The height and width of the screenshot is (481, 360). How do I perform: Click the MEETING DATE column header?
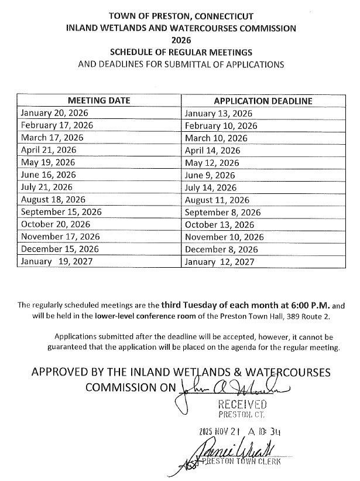[x=99, y=101]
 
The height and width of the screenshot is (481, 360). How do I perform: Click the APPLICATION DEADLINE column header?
[x=263, y=101]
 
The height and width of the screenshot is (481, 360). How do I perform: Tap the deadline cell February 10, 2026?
[x=221, y=125]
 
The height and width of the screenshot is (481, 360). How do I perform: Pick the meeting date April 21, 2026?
[x=48, y=150]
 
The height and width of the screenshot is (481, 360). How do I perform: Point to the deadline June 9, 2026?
[x=210, y=175]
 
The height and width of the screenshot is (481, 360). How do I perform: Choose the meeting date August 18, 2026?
[x=53, y=200]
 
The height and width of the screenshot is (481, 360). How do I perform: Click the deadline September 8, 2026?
[x=222, y=213]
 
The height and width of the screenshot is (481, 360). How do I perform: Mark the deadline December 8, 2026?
[x=221, y=250]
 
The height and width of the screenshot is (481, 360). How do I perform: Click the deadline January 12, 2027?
[x=220, y=262]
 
